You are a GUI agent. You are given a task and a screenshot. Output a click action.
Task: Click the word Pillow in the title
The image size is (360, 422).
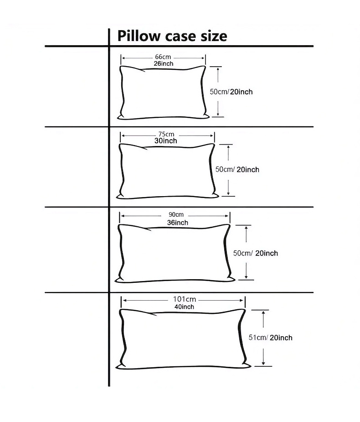click(137, 36)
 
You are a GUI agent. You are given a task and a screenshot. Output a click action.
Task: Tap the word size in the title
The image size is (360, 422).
click(211, 36)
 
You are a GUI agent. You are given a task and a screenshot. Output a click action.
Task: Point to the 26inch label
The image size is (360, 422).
click(163, 63)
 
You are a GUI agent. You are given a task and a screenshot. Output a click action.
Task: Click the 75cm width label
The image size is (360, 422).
click(166, 134)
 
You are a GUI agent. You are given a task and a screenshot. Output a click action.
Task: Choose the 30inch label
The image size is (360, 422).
click(166, 141)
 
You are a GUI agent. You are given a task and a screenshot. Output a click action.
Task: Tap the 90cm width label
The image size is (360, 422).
click(176, 215)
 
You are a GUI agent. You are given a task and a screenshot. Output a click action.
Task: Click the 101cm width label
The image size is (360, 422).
click(184, 299)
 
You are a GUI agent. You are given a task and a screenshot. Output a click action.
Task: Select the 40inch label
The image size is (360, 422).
click(184, 307)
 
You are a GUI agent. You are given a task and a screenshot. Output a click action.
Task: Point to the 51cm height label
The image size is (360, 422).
click(257, 338)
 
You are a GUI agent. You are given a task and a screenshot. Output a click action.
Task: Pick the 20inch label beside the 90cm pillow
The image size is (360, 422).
click(267, 253)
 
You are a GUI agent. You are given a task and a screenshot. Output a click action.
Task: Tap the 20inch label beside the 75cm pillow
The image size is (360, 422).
click(248, 169)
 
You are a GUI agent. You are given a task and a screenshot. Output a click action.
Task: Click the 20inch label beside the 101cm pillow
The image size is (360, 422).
click(281, 338)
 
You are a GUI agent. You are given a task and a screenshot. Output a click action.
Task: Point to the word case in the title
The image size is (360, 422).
click(178, 36)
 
